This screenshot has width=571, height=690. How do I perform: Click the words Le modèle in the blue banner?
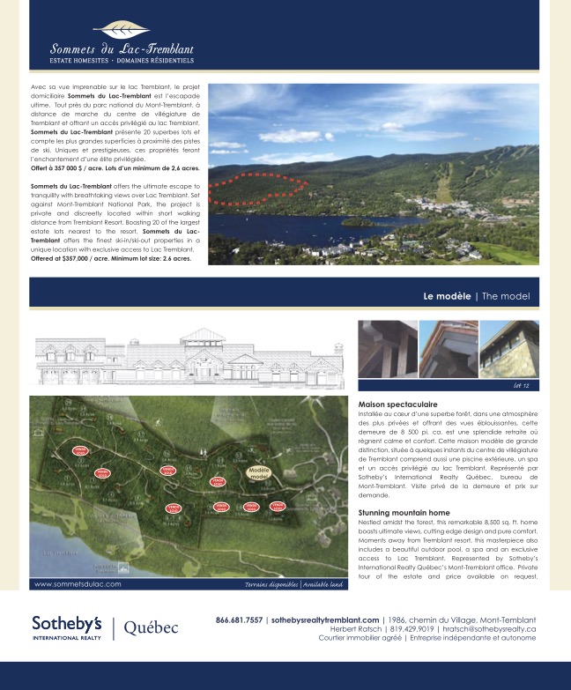(x=447, y=296)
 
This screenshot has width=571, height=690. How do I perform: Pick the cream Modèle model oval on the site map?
(x=258, y=473)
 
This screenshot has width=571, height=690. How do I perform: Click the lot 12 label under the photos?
(x=520, y=386)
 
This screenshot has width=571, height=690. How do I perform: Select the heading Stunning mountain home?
(x=404, y=512)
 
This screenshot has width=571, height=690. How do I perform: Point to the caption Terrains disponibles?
(x=271, y=584)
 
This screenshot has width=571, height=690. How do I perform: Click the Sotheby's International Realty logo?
(x=66, y=627)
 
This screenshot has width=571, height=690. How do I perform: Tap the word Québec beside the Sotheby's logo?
(x=151, y=627)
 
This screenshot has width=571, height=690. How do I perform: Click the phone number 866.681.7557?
(x=239, y=620)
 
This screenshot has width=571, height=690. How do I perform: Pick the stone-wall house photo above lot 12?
(x=508, y=350)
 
